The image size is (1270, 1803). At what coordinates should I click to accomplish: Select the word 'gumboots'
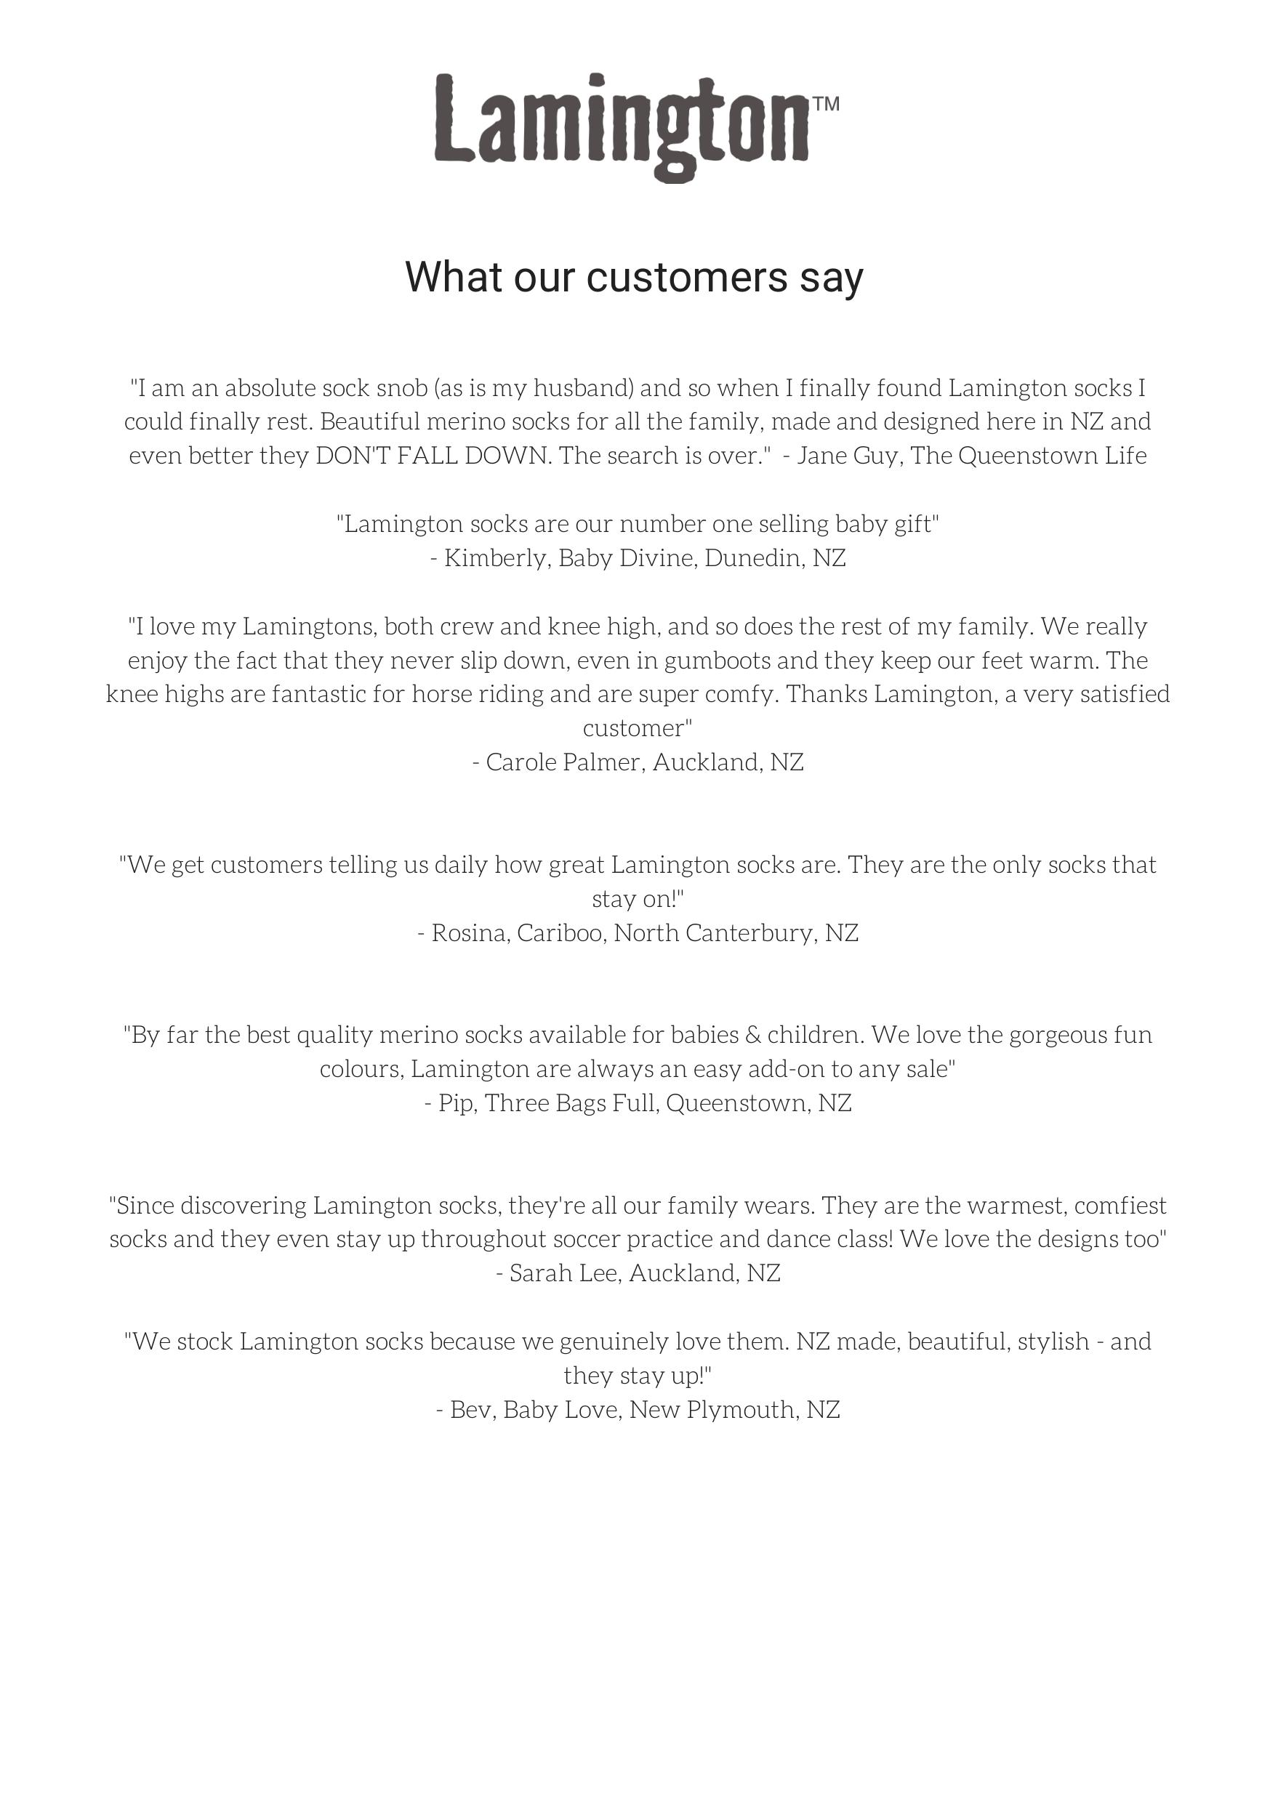[717, 661]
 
